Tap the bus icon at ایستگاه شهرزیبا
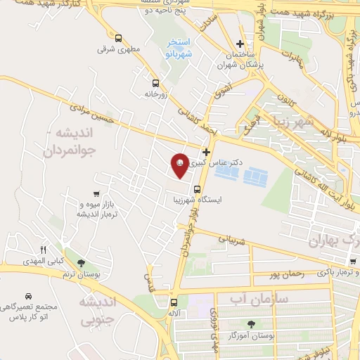pos(197,188)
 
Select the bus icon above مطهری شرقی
pos(118,39)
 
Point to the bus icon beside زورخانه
pos(146,82)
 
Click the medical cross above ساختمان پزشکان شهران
pos(240,43)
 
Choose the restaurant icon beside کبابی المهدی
pos(43,250)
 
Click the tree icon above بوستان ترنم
pos(82,263)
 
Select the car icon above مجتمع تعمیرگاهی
pos(28,297)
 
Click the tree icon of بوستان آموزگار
pos(251,323)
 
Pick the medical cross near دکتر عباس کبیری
pos(206,152)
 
